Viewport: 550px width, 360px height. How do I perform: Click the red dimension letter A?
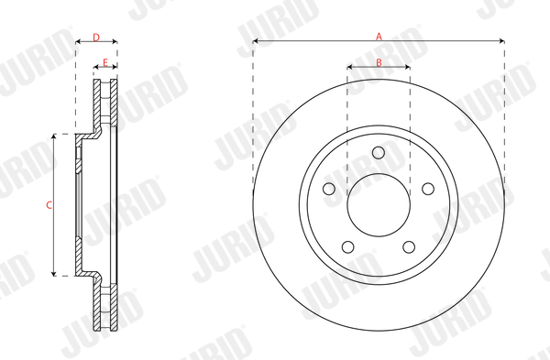click(379, 36)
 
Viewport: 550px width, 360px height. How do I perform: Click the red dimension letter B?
click(379, 62)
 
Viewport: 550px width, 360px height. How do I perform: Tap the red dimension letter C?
click(49, 205)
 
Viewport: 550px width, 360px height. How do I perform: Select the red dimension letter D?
click(96, 38)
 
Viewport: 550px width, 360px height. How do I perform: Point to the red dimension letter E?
click(105, 62)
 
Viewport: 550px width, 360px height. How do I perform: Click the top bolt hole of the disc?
click(379, 152)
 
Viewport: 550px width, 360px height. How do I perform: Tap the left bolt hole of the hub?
click(329, 189)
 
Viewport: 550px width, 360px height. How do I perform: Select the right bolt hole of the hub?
click(428, 189)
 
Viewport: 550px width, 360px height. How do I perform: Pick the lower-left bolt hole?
click(348, 246)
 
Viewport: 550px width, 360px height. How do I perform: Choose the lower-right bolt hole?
click(409, 246)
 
